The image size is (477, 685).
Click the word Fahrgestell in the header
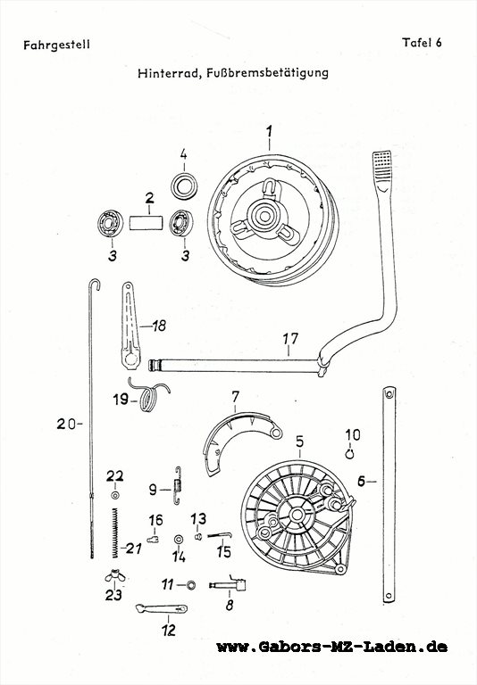[56, 45]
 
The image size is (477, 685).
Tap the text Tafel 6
[422, 43]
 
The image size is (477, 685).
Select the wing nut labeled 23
[114, 576]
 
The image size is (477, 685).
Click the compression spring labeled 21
[114, 533]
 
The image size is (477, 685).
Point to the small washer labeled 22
[115, 495]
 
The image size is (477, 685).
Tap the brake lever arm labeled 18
[130, 326]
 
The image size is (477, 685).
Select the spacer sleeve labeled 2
[146, 222]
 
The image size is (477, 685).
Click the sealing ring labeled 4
[184, 186]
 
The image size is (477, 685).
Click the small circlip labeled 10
[349, 454]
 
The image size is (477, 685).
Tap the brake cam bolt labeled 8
[228, 584]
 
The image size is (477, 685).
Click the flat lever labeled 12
[162, 608]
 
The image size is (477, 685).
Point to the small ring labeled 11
[191, 585]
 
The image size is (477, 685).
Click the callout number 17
[290, 339]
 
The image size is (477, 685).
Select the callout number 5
[300, 442]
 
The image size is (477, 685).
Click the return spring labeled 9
[177, 485]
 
